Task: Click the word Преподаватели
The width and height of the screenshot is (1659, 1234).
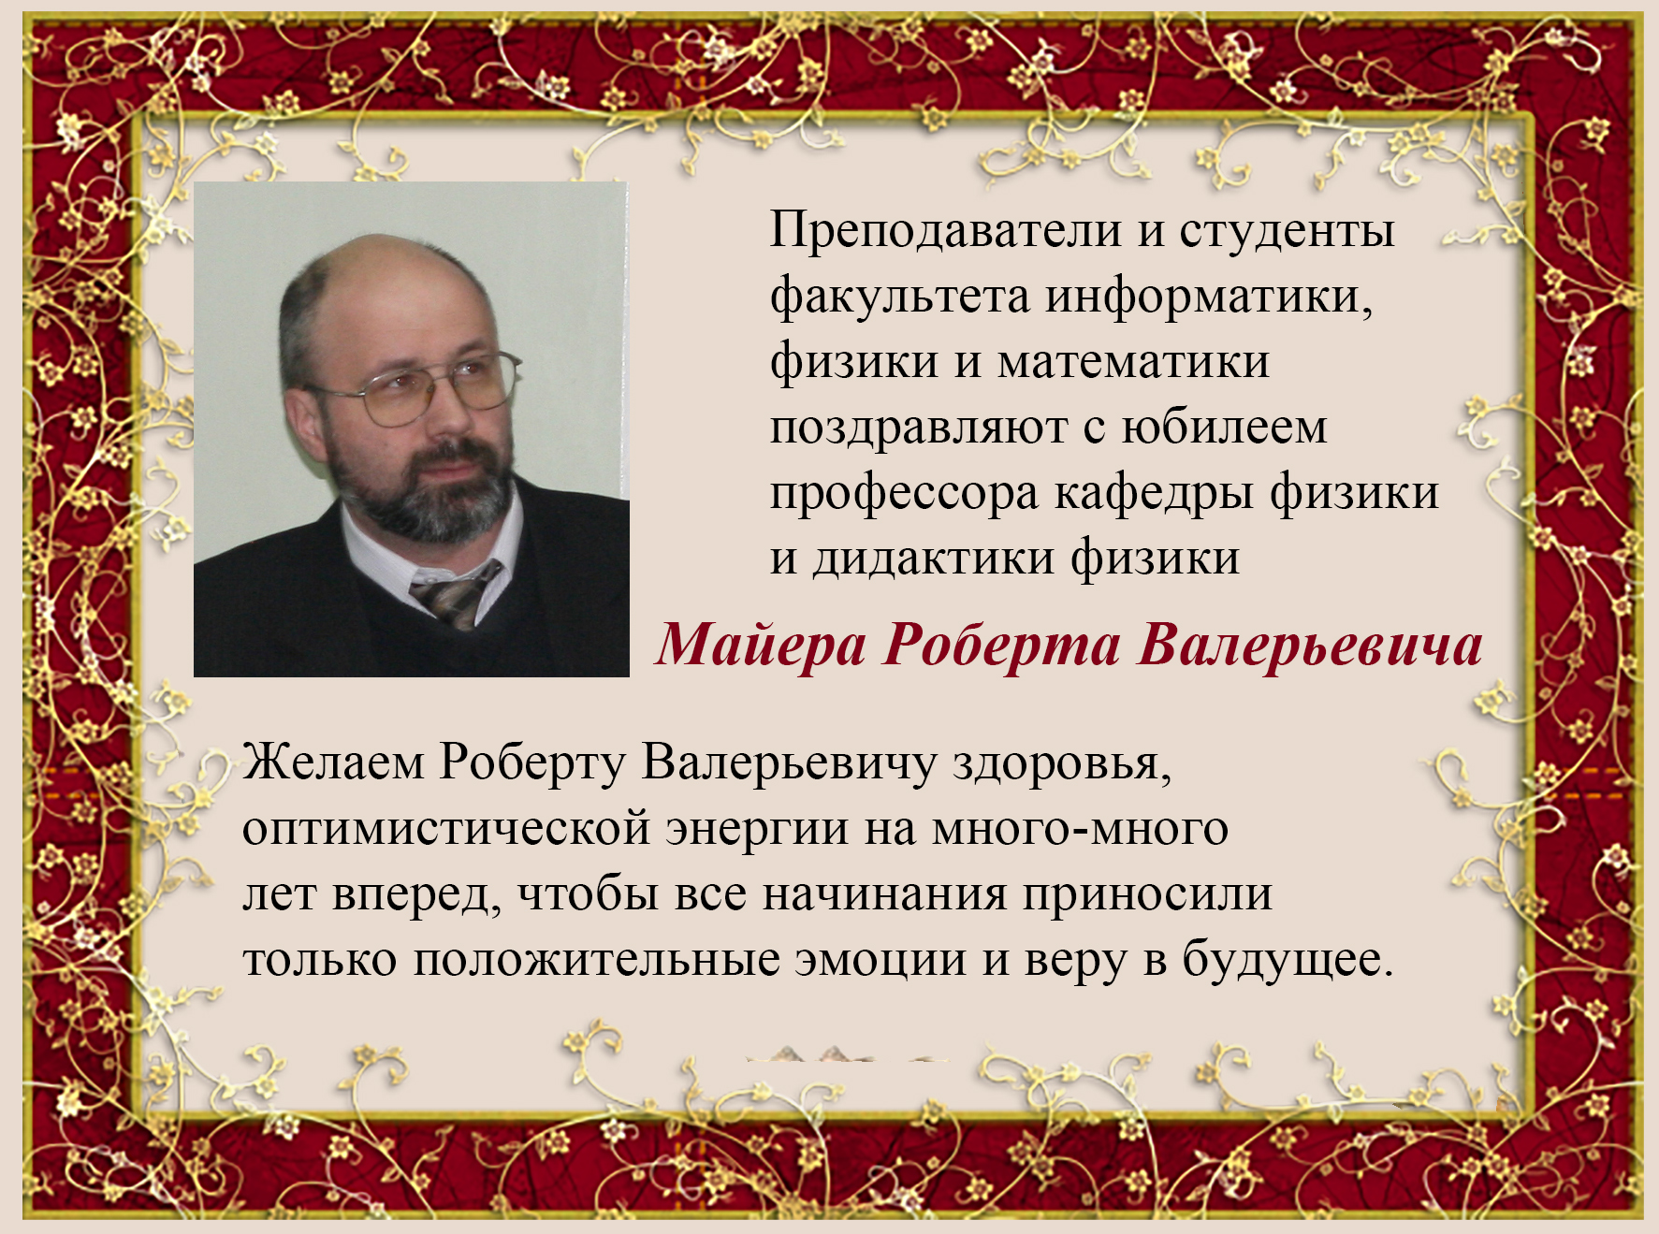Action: click(946, 230)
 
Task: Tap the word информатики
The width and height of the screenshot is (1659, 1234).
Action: click(1209, 297)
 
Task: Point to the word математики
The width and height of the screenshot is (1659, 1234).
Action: click(1134, 362)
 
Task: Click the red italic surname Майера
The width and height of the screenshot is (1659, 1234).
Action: click(761, 646)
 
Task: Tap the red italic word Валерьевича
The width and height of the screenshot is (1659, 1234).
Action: click(1311, 646)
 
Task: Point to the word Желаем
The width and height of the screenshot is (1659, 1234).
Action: click(333, 762)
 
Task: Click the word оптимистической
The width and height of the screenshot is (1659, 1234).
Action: click(446, 829)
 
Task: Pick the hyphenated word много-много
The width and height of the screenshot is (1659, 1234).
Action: click(1080, 829)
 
